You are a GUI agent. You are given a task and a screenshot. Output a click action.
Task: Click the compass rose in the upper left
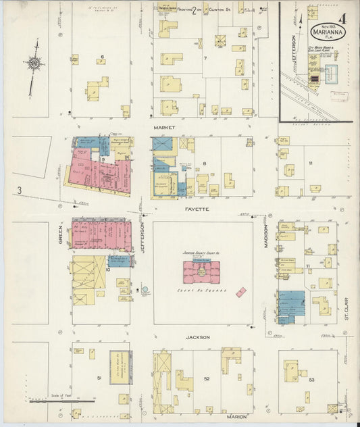(33, 64)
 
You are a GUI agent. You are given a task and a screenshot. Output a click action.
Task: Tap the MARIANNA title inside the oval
(327, 31)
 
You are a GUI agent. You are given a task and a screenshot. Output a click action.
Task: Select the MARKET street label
(165, 127)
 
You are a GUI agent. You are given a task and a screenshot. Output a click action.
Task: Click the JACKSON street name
(198, 336)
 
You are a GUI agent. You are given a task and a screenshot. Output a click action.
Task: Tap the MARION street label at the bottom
(236, 417)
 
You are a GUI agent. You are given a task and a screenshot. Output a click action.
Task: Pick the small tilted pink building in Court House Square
(241, 292)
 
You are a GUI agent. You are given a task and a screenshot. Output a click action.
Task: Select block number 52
(207, 378)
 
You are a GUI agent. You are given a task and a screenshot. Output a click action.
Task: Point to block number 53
(311, 380)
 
